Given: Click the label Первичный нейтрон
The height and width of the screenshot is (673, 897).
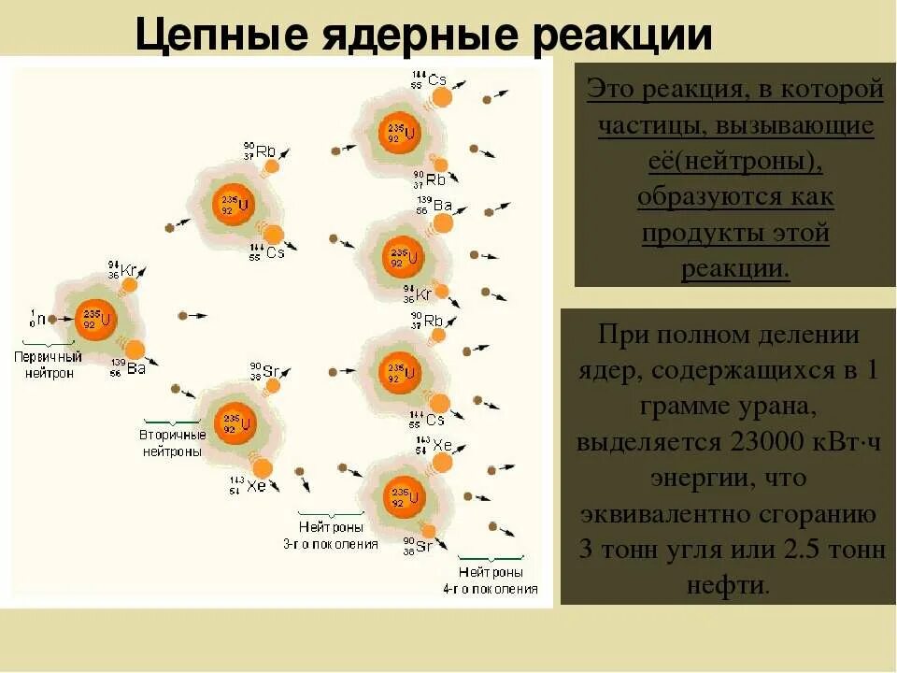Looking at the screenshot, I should (48, 365).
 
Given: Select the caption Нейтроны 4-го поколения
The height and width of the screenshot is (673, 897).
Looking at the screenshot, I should (491, 580).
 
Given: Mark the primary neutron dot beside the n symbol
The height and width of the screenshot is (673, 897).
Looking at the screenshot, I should (53, 319).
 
